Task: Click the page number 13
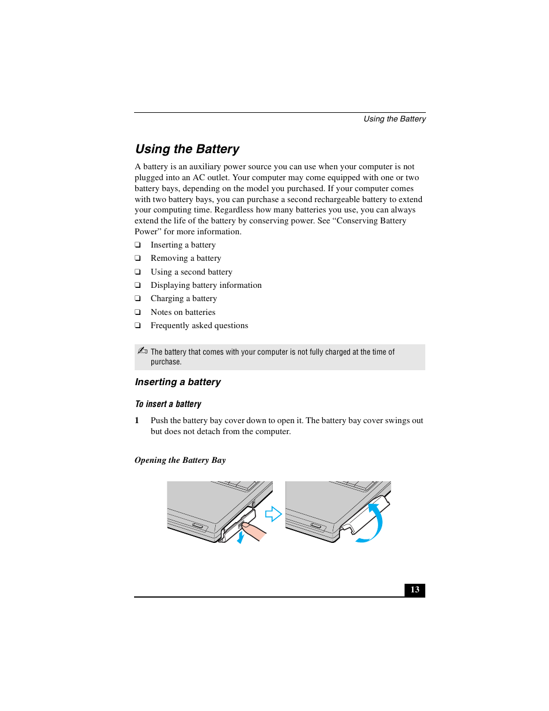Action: click(x=414, y=590)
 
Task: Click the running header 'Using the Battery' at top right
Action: click(x=394, y=119)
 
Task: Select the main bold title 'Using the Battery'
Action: click(x=187, y=149)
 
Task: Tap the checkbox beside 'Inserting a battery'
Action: click(x=138, y=245)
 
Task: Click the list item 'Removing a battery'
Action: click(x=185, y=258)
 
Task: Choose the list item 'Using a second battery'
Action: click(x=191, y=272)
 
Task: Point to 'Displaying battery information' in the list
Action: click(x=205, y=285)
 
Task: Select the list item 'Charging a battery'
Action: click(x=184, y=298)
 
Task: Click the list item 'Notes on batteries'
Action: click(x=182, y=312)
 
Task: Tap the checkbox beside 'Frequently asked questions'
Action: click(x=138, y=326)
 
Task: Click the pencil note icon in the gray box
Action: click(x=142, y=351)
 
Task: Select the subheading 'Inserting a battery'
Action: click(x=177, y=382)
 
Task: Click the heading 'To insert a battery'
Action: click(x=168, y=404)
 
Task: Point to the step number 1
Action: click(x=137, y=421)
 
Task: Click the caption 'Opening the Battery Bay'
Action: click(x=180, y=460)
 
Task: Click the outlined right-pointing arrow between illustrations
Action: click(x=273, y=514)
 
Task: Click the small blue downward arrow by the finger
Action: click(x=241, y=538)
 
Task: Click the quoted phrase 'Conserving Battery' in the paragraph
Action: click(x=371, y=221)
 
